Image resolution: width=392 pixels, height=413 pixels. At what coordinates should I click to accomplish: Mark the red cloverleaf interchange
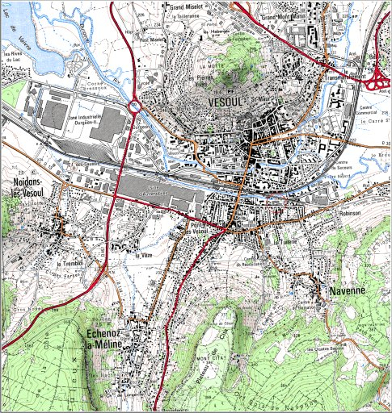(x=377, y=80)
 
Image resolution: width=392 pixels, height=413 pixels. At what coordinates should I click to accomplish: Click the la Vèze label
(x=144, y=255)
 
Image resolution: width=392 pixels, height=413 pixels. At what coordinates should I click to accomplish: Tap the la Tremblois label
(x=70, y=264)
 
